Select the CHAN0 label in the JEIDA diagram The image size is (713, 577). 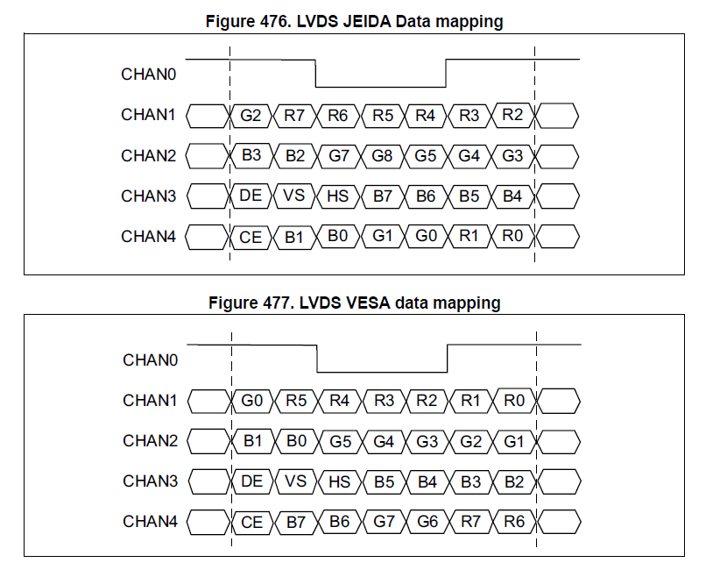148,75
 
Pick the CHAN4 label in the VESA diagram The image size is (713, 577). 150,522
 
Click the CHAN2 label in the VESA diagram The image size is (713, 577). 150,441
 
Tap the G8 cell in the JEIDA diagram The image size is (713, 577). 382,156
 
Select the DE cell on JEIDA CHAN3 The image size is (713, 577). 251,196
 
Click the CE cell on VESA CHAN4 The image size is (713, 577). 252,522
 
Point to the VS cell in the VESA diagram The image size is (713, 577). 295,481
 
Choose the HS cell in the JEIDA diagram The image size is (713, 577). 338,196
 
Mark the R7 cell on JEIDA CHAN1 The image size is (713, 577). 294,116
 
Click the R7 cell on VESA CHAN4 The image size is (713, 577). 470,522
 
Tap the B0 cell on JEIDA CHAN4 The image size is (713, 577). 338,236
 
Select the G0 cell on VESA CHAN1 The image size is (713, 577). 252,401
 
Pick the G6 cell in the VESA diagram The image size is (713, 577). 427,522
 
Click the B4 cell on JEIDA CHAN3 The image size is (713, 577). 512,196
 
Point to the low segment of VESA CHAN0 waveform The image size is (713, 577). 382,372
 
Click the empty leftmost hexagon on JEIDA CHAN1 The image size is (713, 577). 207,116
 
